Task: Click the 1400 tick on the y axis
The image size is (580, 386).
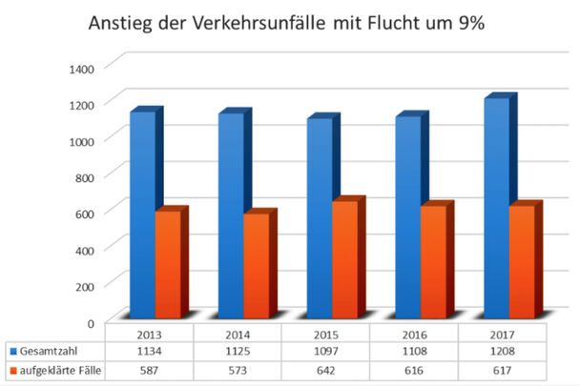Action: tap(80, 67)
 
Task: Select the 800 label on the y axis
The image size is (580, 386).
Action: tap(83, 176)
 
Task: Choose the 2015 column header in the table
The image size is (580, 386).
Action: tap(325, 334)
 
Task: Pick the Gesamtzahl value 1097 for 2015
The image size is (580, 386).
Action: tap(325, 351)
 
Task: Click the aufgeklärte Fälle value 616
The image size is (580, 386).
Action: tap(413, 369)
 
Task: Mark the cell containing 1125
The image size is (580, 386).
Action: tap(238, 351)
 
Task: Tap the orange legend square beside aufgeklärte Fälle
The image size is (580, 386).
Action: tap(10, 369)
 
